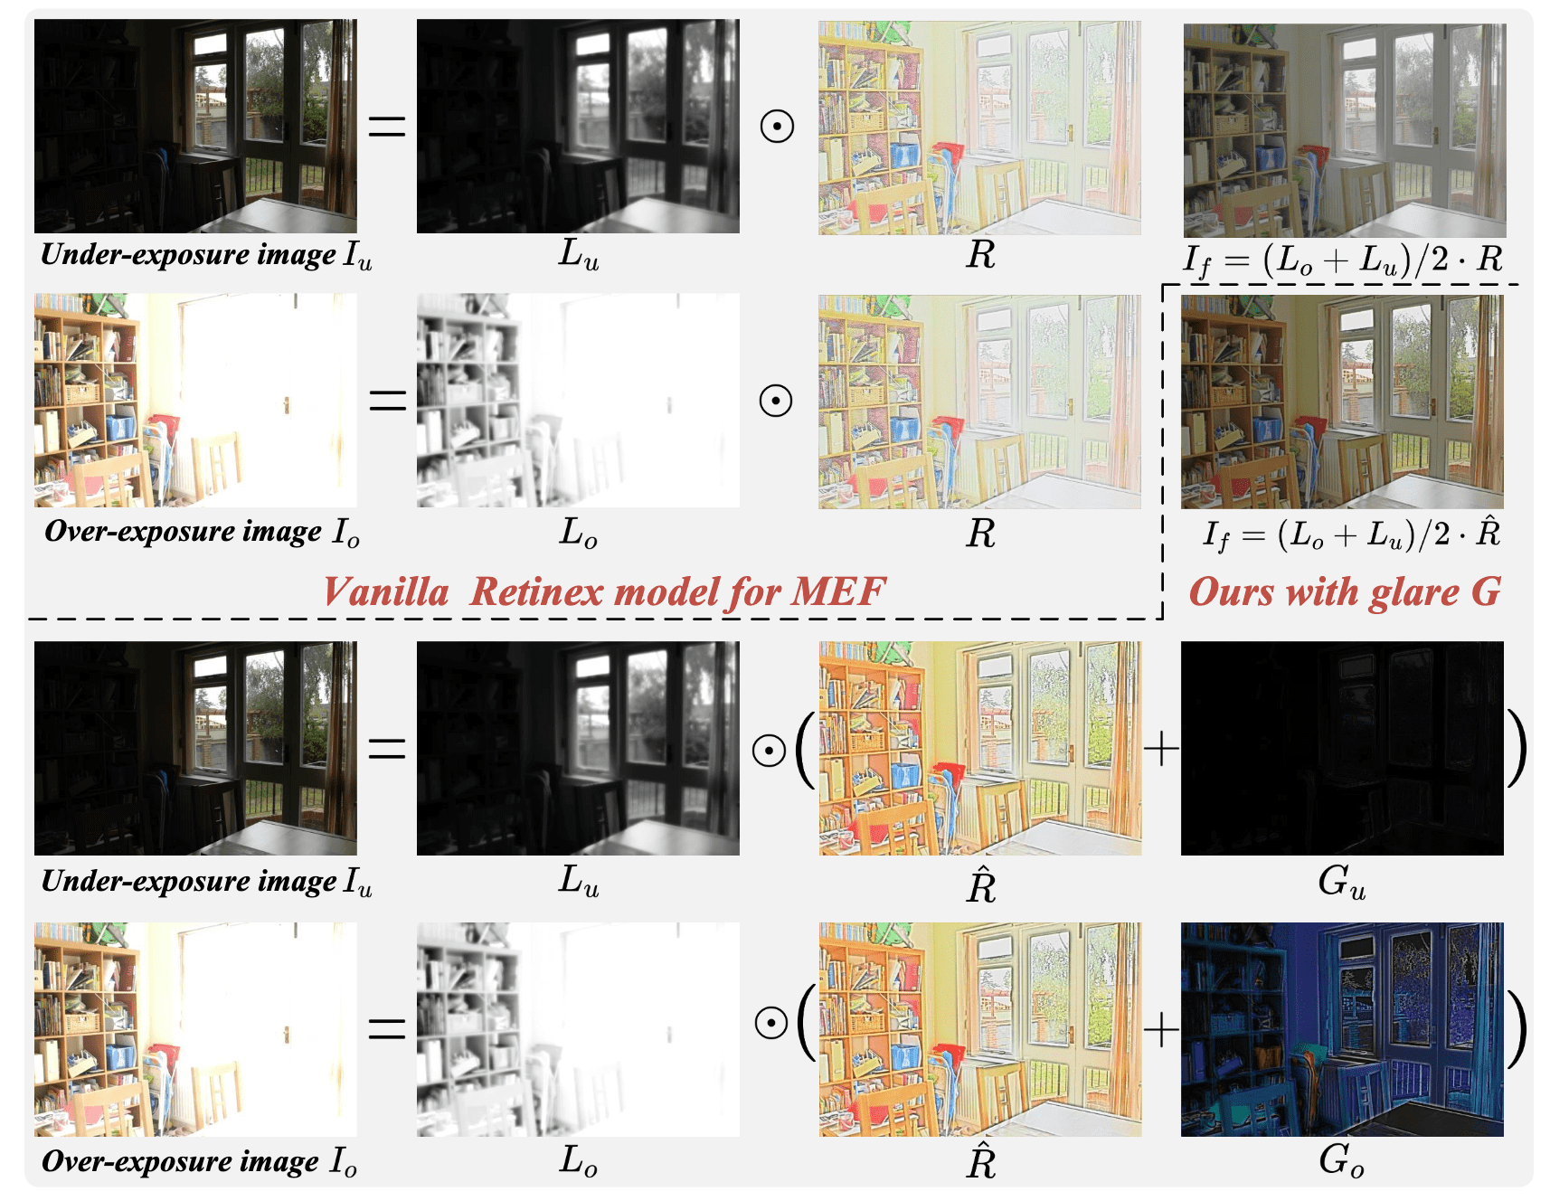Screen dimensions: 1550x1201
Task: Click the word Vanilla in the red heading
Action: click(x=386, y=592)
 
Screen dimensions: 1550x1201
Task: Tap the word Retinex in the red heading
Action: click(x=537, y=592)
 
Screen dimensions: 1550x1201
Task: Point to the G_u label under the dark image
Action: click(x=1342, y=882)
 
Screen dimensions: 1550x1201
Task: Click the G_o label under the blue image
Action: click(x=1342, y=1160)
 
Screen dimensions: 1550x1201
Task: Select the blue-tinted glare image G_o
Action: click(x=1342, y=1029)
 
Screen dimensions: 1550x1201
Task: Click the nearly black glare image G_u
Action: click(x=1342, y=748)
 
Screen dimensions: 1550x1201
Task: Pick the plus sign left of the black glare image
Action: click(x=1162, y=749)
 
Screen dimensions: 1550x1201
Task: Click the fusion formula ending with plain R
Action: click(x=1343, y=260)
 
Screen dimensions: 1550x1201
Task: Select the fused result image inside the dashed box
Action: click(x=1342, y=402)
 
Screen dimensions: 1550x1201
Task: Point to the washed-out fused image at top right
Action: click(x=1345, y=130)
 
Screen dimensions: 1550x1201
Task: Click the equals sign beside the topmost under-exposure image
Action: click(x=387, y=126)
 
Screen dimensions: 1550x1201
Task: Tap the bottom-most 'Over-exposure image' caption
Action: click(x=199, y=1161)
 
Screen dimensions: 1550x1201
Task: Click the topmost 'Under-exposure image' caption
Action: click(x=206, y=255)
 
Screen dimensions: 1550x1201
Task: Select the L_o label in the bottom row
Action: click(x=579, y=1160)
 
